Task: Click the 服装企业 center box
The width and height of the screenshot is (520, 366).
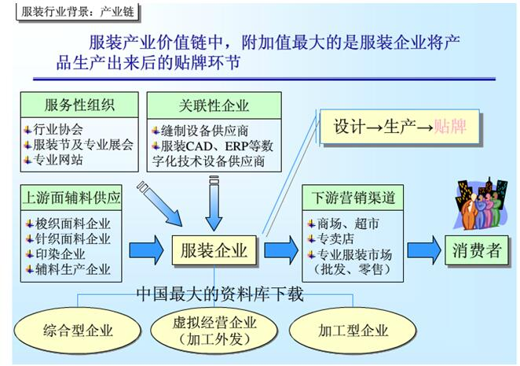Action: tap(214, 251)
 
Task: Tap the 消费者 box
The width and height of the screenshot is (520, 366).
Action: tap(477, 251)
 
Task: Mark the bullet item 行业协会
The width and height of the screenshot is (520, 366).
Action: tap(58, 129)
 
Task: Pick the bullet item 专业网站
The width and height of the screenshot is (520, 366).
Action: tap(58, 159)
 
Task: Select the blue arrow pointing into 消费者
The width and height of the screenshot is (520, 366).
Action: tap(423, 250)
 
